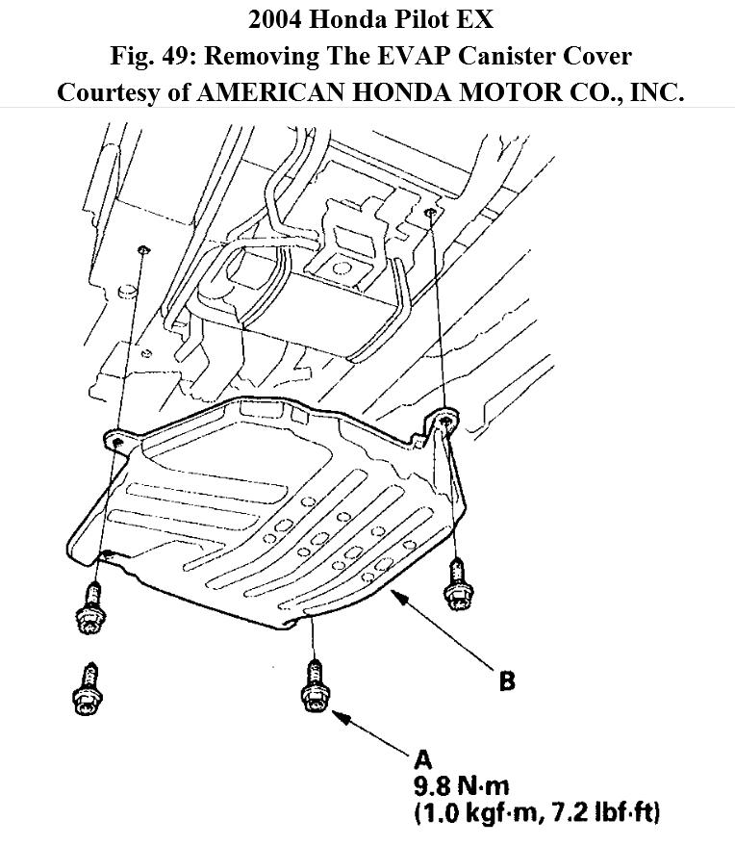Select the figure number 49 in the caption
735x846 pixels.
click(183, 56)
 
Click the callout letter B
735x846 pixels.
click(506, 682)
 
